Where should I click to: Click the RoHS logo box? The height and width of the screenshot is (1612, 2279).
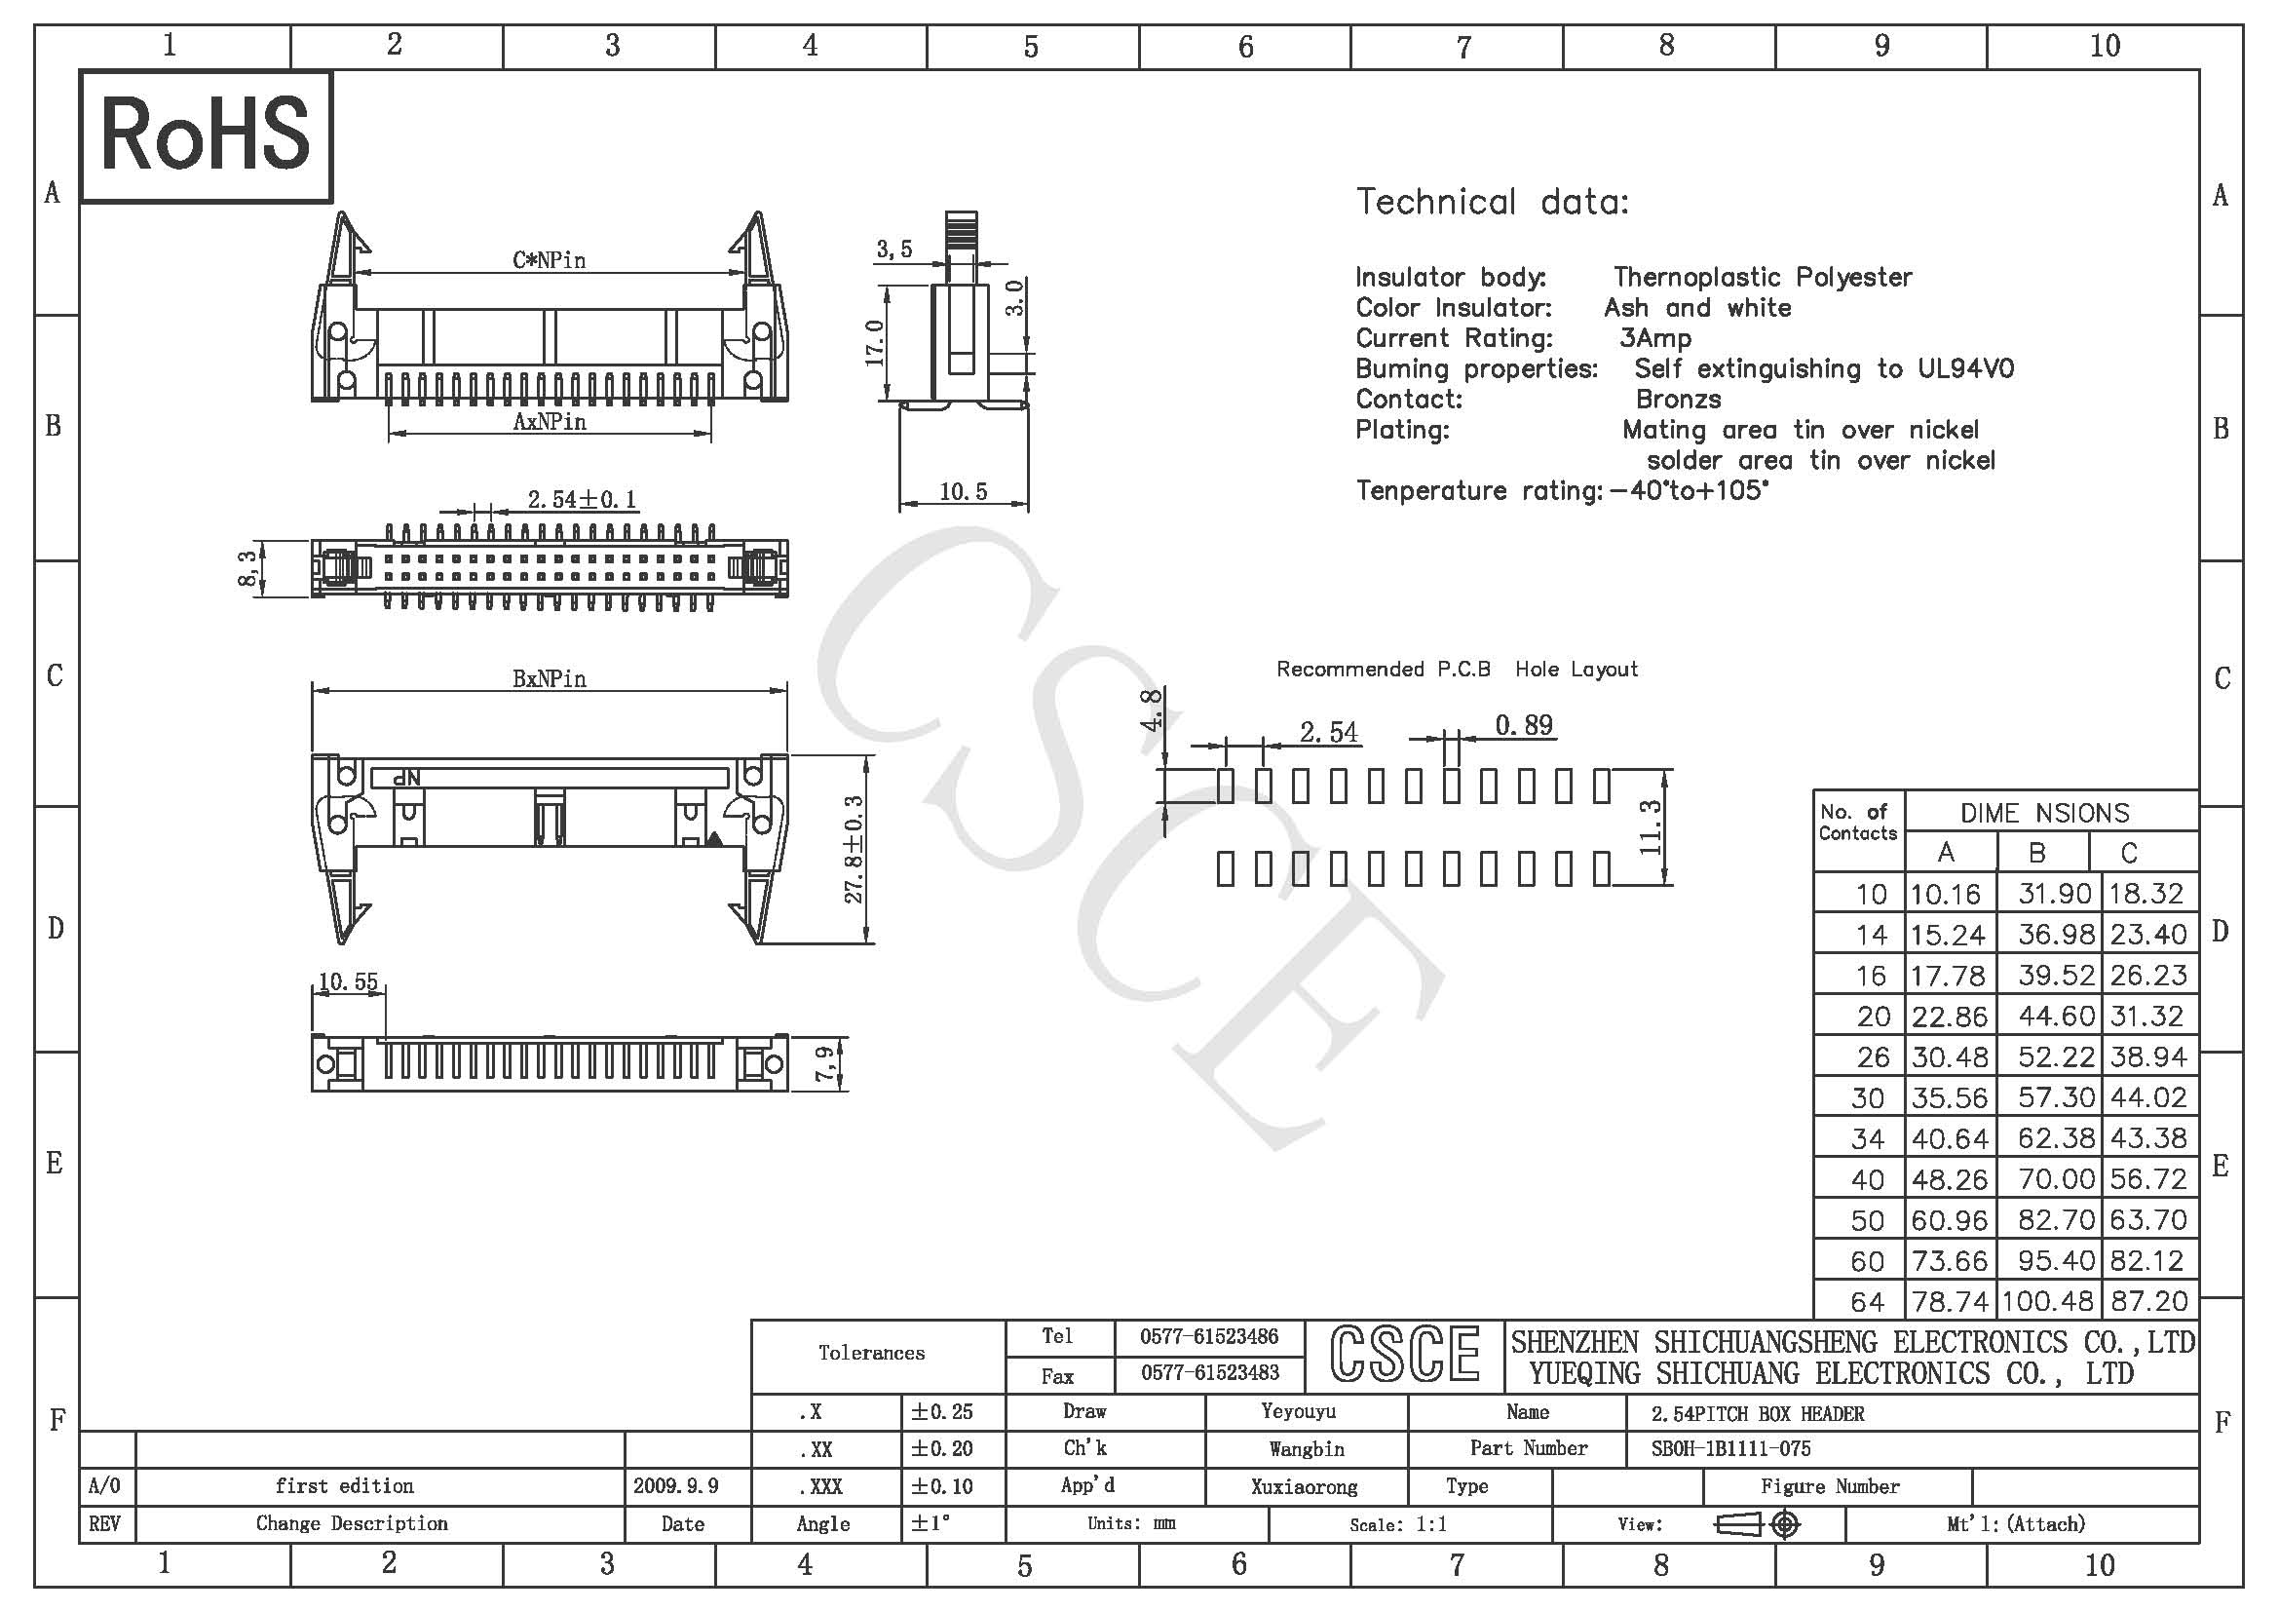(x=206, y=136)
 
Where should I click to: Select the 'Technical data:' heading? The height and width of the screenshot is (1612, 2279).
(x=1492, y=202)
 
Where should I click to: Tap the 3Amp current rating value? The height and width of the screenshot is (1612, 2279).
(x=1654, y=338)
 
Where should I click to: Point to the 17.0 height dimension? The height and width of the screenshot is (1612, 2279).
(x=874, y=342)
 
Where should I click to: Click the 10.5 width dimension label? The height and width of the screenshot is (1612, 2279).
(x=963, y=491)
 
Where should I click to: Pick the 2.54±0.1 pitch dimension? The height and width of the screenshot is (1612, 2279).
(x=582, y=498)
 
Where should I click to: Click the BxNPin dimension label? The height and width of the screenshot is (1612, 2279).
(x=549, y=679)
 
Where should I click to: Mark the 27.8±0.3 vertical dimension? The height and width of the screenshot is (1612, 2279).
(x=854, y=850)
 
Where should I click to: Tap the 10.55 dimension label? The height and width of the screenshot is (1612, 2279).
(x=348, y=981)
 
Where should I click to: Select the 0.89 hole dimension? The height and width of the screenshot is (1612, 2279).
(x=1524, y=726)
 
